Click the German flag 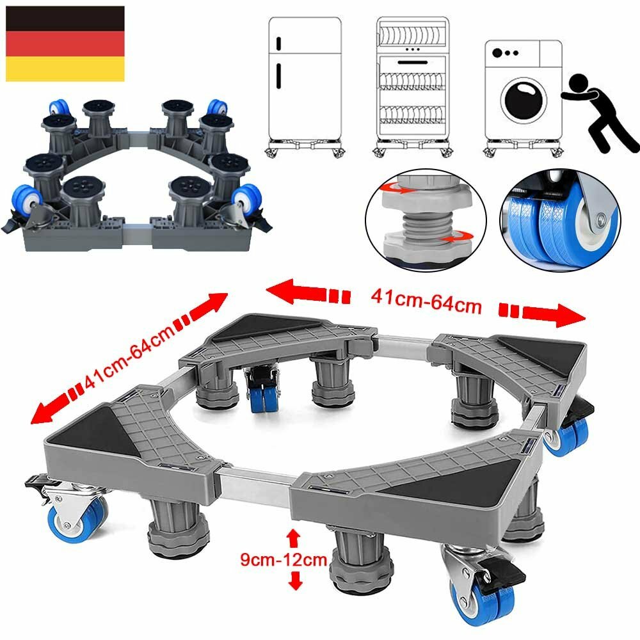pos(65,44)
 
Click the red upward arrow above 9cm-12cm pos(293,535)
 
